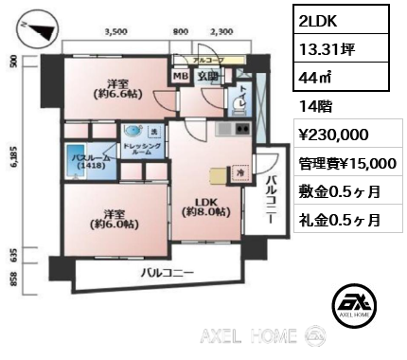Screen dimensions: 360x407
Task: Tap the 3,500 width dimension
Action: pyautogui.click(x=115, y=31)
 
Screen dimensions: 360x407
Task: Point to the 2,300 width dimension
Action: pyautogui.click(x=221, y=31)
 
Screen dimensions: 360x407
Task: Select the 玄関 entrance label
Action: pyautogui.click(x=208, y=77)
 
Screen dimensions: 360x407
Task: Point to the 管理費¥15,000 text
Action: pyautogui.click(x=343, y=163)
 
